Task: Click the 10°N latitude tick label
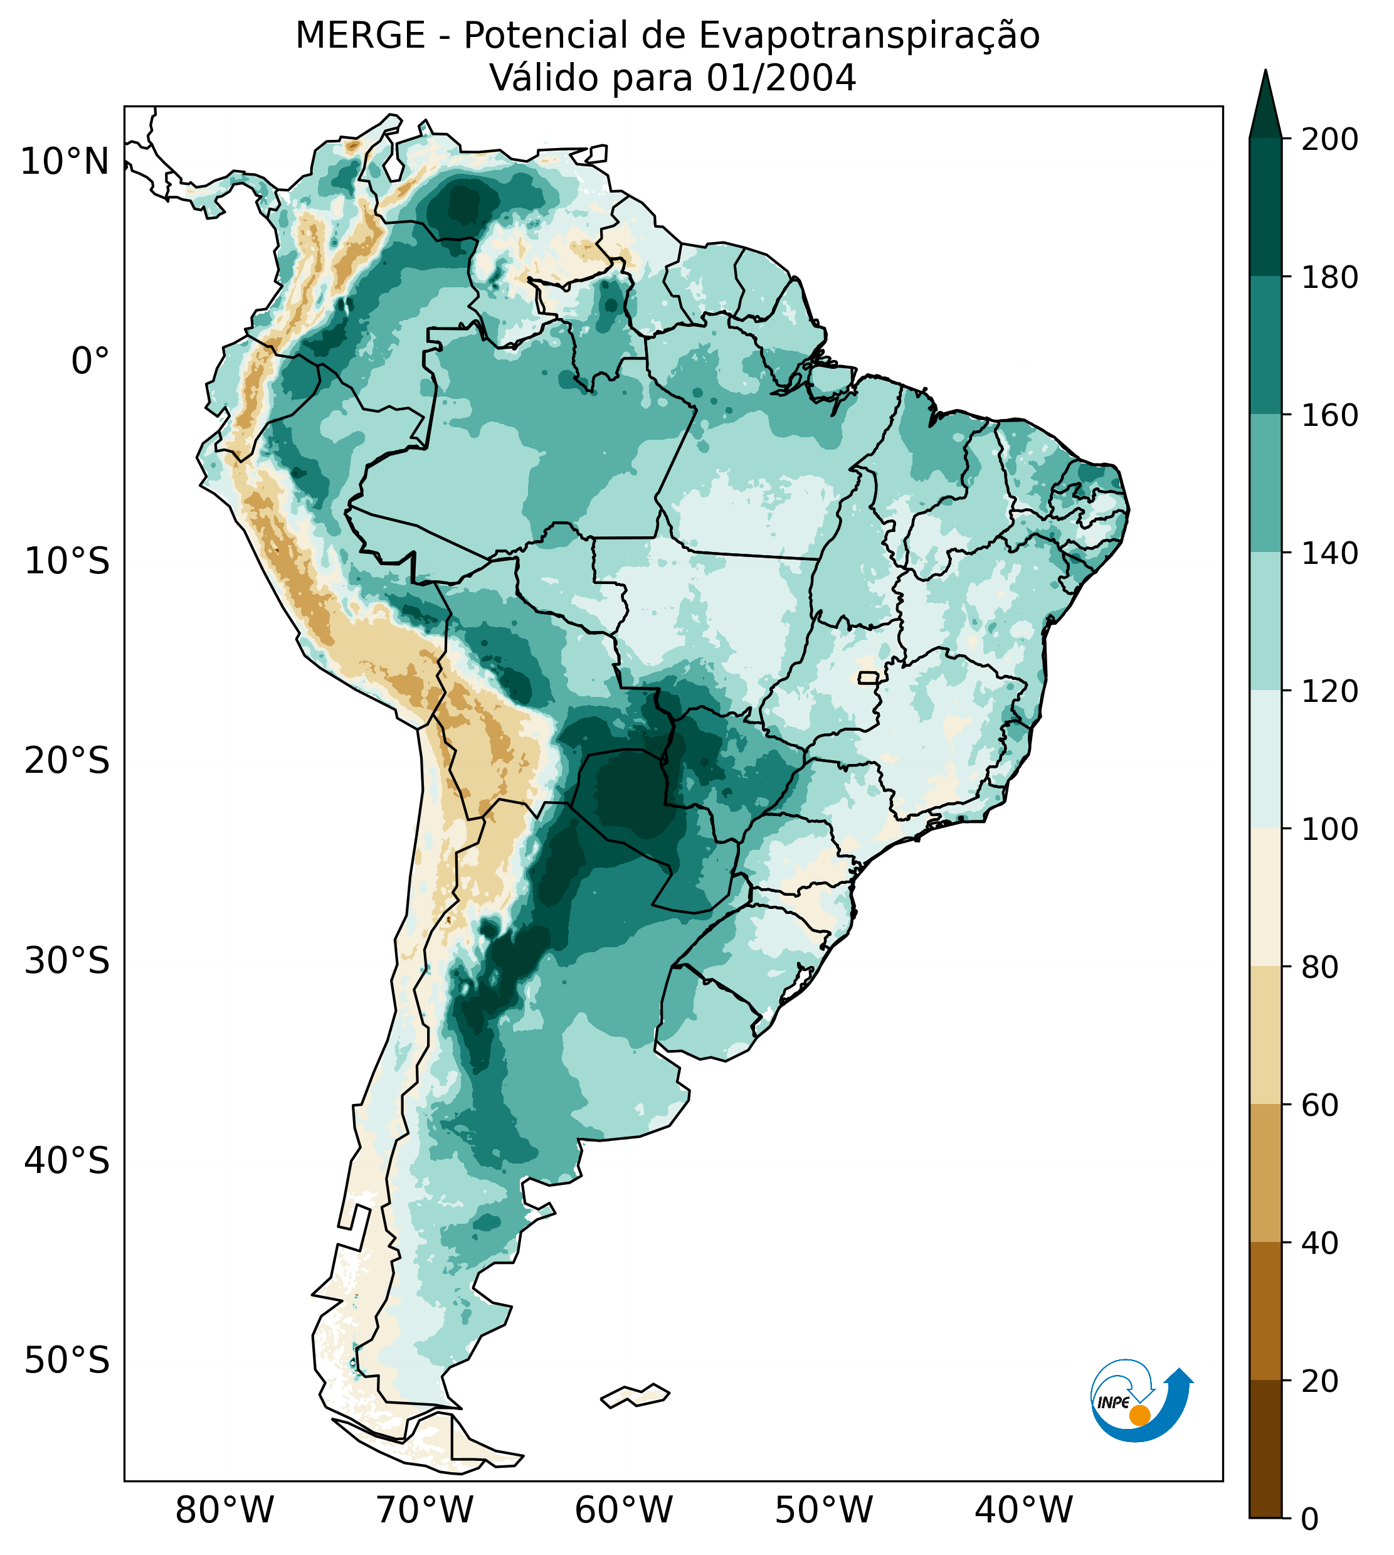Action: pyautogui.click(x=65, y=162)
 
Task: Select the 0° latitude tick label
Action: pyautogui.click(x=90, y=361)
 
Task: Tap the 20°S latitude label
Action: pyautogui.click(x=67, y=762)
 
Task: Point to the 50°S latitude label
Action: pyautogui.click(x=67, y=1361)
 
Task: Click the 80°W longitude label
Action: pyautogui.click(x=224, y=1510)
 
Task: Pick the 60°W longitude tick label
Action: pyautogui.click(x=623, y=1510)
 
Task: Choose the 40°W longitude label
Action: pyautogui.click(x=1023, y=1510)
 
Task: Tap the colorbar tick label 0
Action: pyautogui.click(x=1311, y=1521)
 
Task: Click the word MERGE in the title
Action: pyautogui.click(x=360, y=36)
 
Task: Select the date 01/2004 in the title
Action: pyautogui.click(x=781, y=78)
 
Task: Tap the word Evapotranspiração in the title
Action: pyautogui.click(x=869, y=36)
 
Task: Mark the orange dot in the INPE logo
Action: pyautogui.click(x=1139, y=1415)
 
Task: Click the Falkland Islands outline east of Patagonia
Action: pyautogui.click(x=635, y=1396)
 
